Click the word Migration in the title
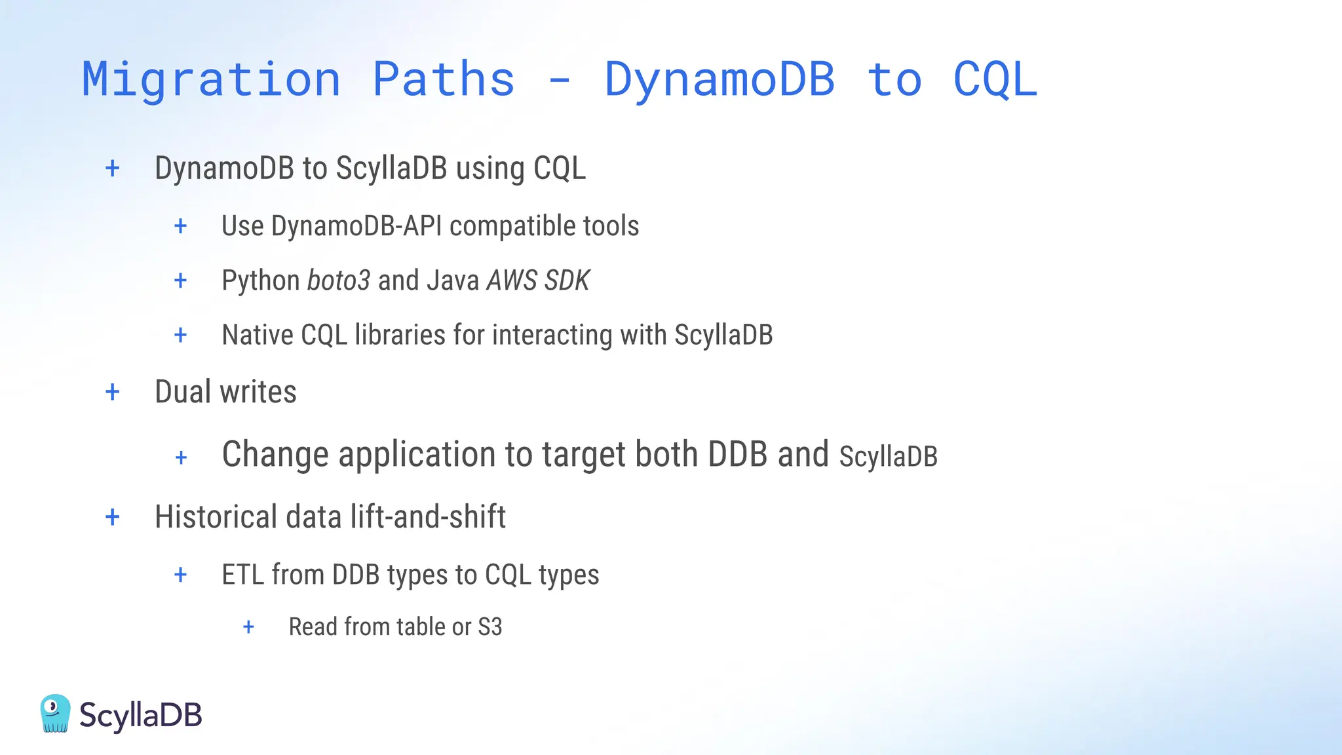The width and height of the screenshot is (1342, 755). pyautogui.click(x=211, y=79)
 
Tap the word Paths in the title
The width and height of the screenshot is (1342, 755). pyautogui.click(x=444, y=79)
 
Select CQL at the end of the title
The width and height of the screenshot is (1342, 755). pyautogui.click(x=995, y=79)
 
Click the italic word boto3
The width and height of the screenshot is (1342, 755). pyautogui.click(x=339, y=281)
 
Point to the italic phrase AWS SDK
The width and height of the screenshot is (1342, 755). pyautogui.click(x=538, y=281)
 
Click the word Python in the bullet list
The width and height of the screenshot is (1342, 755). pyautogui.click(x=260, y=281)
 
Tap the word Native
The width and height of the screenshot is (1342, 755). pyautogui.click(x=257, y=335)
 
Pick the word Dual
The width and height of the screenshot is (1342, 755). pyautogui.click(x=183, y=392)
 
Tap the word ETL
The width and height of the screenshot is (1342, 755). pyautogui.click(x=242, y=575)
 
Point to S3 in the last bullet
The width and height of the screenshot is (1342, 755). pyautogui.click(x=489, y=627)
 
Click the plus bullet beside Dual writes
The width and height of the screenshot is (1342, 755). pyautogui.click(x=113, y=392)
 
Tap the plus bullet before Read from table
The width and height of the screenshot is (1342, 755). pyautogui.click(x=248, y=627)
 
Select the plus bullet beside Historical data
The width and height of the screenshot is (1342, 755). pyautogui.click(x=113, y=517)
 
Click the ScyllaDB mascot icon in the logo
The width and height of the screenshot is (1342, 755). pyautogui.click(x=55, y=713)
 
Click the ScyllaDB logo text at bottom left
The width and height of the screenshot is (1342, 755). pyautogui.click(x=140, y=715)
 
